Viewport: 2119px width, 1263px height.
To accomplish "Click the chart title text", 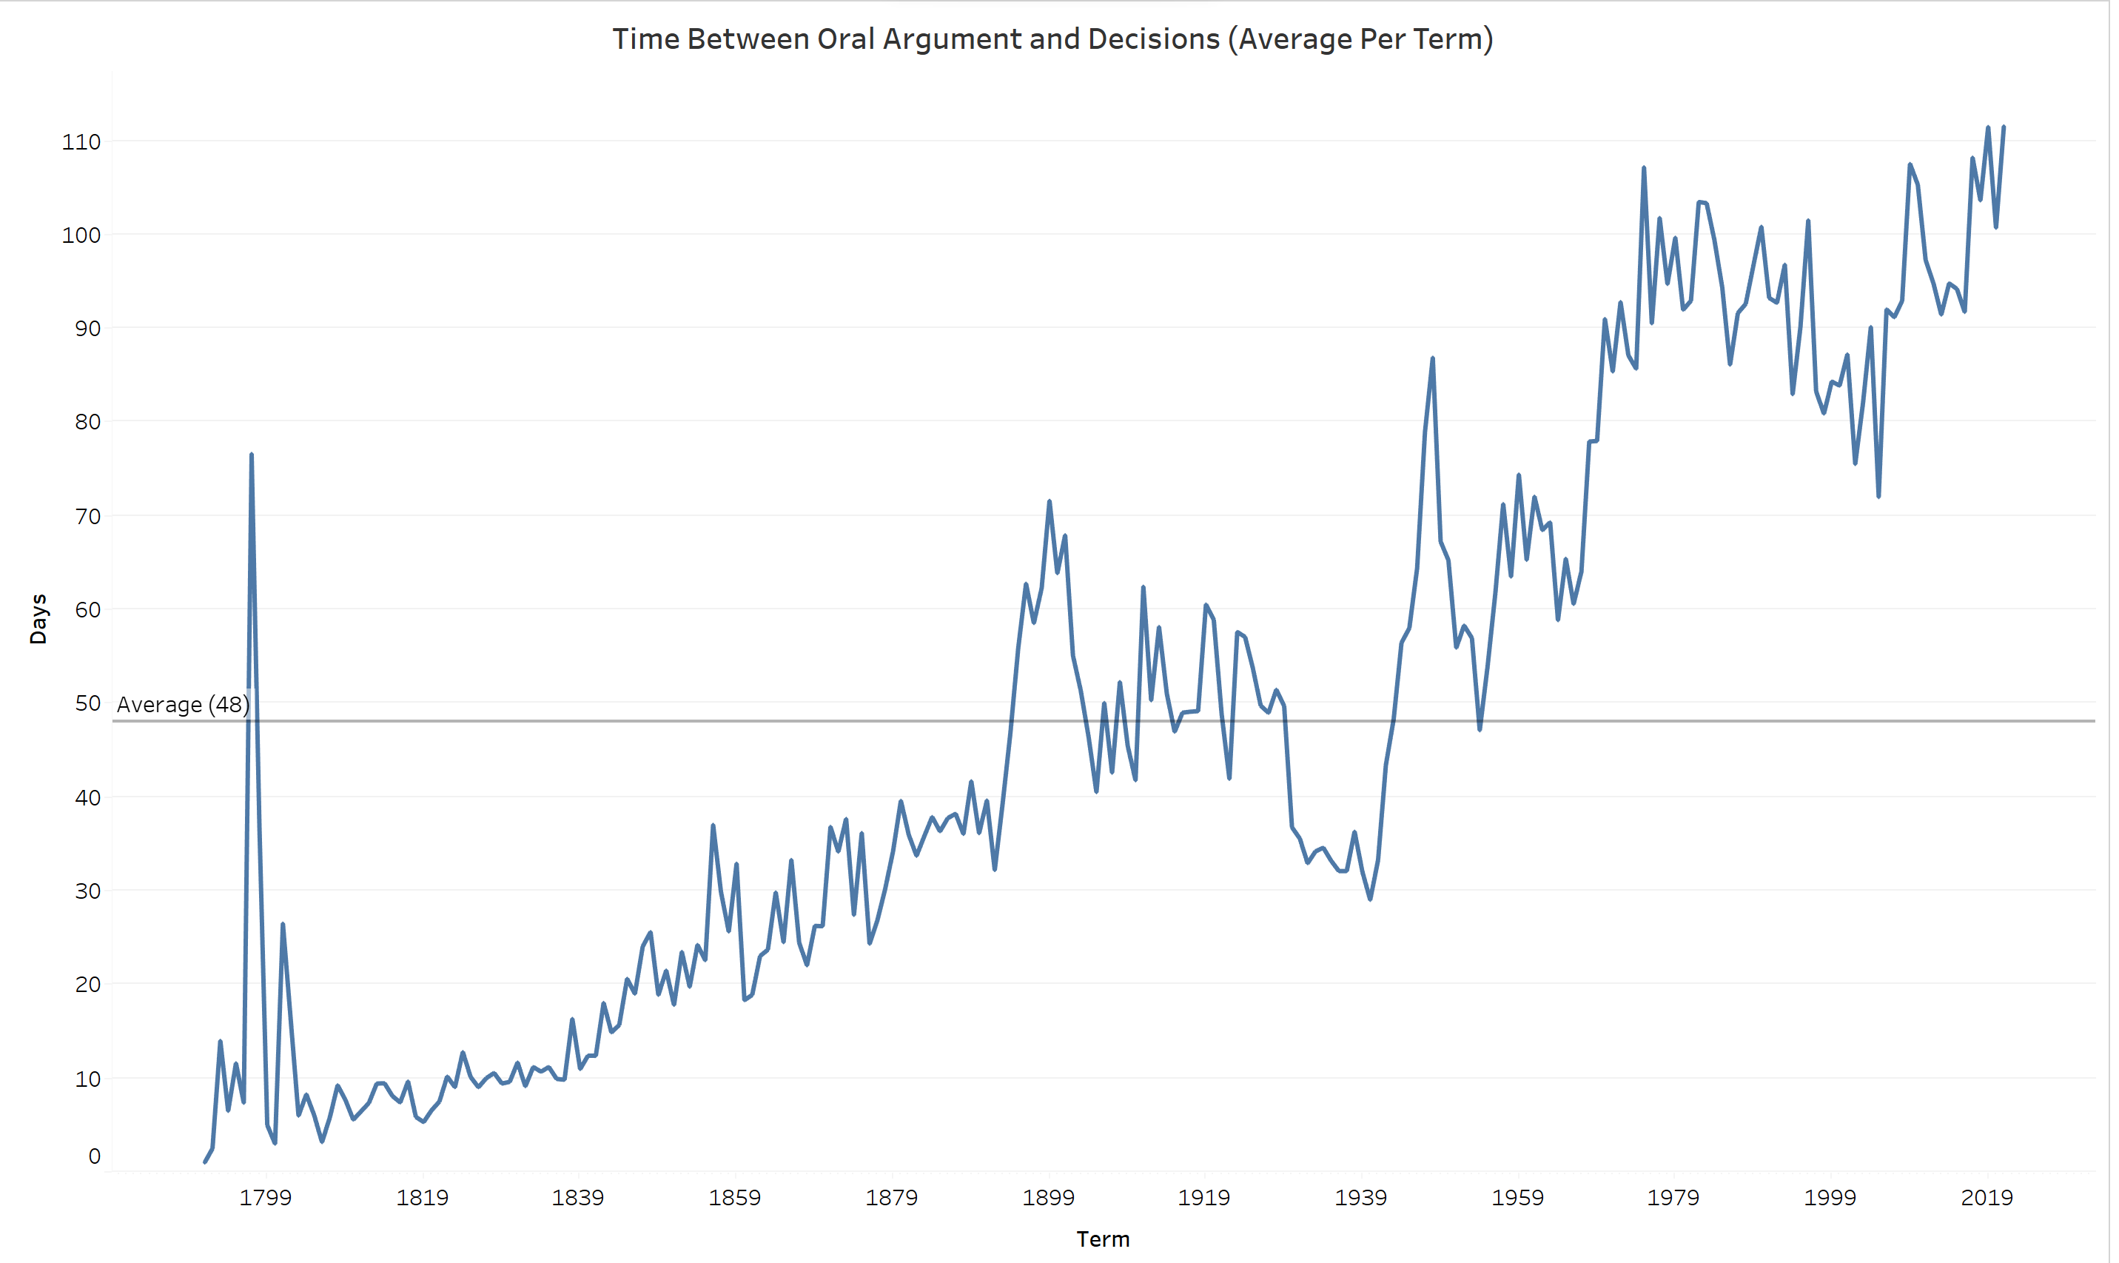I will click(1052, 39).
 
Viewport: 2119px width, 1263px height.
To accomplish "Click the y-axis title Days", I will click(38, 619).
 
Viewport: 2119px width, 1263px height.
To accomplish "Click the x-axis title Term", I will click(1103, 1239).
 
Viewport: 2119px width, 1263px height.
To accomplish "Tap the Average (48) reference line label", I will click(183, 705).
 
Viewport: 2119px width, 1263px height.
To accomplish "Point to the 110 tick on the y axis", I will click(81, 141).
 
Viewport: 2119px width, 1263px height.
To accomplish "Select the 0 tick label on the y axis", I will click(95, 1156).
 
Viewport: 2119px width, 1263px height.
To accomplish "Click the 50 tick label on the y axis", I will click(87, 703).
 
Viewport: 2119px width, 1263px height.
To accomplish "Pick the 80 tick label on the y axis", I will click(87, 421).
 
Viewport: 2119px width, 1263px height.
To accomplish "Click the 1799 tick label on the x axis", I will click(266, 1197).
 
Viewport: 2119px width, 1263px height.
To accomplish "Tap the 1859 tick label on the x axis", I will click(735, 1197).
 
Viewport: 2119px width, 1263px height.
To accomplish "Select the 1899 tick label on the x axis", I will click(1048, 1197).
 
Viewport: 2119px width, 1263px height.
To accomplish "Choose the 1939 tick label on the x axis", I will click(1361, 1197).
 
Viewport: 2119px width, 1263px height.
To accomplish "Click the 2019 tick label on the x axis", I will click(1987, 1197).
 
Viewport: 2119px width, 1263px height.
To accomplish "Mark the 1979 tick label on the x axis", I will click(1673, 1197).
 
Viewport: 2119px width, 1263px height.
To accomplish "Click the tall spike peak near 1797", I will click(252, 455).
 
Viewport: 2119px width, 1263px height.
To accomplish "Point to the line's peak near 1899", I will click(1049, 502).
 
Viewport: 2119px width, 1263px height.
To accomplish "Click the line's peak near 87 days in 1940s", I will click(1432, 359).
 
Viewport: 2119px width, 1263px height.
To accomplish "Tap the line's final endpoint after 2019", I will click(2004, 127).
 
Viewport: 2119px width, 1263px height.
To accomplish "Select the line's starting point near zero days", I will click(205, 1162).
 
